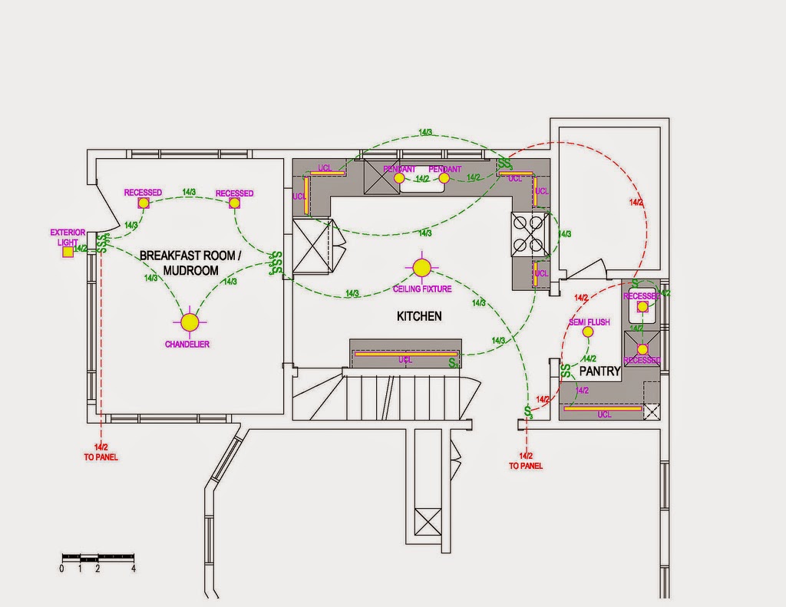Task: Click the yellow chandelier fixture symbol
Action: pyautogui.click(x=189, y=321)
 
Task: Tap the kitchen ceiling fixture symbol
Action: pyautogui.click(x=421, y=267)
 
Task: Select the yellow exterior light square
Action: pyautogui.click(x=68, y=251)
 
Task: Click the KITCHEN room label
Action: pyautogui.click(x=419, y=316)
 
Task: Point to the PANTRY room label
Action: pyautogui.click(x=599, y=371)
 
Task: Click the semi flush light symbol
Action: pyautogui.click(x=588, y=332)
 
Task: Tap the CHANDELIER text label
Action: pyautogui.click(x=187, y=345)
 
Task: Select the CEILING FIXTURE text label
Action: pyautogui.click(x=422, y=289)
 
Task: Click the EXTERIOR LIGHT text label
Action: pyautogui.click(x=68, y=237)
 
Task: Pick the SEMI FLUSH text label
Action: pyautogui.click(x=589, y=322)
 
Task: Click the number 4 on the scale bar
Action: pyautogui.click(x=134, y=569)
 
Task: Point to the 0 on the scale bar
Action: pyautogui.click(x=61, y=569)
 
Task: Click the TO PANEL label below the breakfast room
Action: pyautogui.click(x=101, y=457)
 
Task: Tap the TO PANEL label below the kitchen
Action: pyautogui.click(x=526, y=466)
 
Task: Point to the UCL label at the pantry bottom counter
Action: pyautogui.click(x=604, y=414)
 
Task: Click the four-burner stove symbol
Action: pyautogui.click(x=530, y=233)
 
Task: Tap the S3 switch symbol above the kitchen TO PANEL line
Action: pyautogui.click(x=528, y=412)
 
